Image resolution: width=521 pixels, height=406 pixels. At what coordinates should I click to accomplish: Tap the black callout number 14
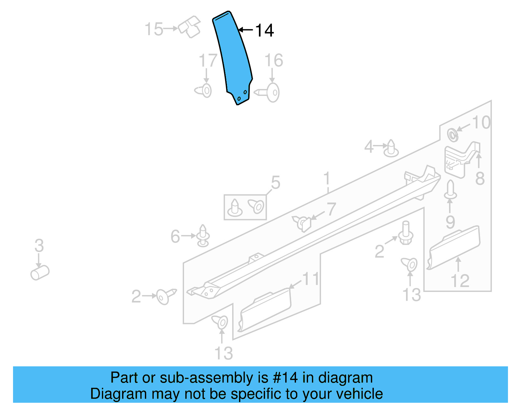pyautogui.click(x=264, y=31)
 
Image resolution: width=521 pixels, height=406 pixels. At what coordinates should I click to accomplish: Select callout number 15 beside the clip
pyautogui.click(x=153, y=29)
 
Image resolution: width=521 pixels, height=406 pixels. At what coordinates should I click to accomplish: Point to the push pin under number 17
pyautogui.click(x=204, y=91)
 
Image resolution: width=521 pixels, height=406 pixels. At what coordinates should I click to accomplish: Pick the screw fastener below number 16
pyautogui.click(x=269, y=93)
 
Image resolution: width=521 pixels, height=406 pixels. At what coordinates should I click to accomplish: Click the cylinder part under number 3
pyautogui.click(x=40, y=272)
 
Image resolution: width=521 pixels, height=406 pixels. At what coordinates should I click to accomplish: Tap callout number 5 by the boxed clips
pyautogui.click(x=275, y=183)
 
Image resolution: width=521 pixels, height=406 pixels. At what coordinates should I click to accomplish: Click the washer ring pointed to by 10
pyautogui.click(x=452, y=135)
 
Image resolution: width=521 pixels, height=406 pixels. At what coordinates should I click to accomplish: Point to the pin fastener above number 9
pyautogui.click(x=450, y=190)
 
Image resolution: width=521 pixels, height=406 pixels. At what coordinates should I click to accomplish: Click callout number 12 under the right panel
pyautogui.click(x=460, y=281)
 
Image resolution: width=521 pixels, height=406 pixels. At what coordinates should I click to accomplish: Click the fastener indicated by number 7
pyautogui.click(x=303, y=223)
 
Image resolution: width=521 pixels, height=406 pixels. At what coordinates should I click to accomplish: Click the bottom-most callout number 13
pyautogui.click(x=224, y=353)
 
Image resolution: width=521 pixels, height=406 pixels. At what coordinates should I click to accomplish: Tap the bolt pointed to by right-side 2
pyautogui.click(x=406, y=233)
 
